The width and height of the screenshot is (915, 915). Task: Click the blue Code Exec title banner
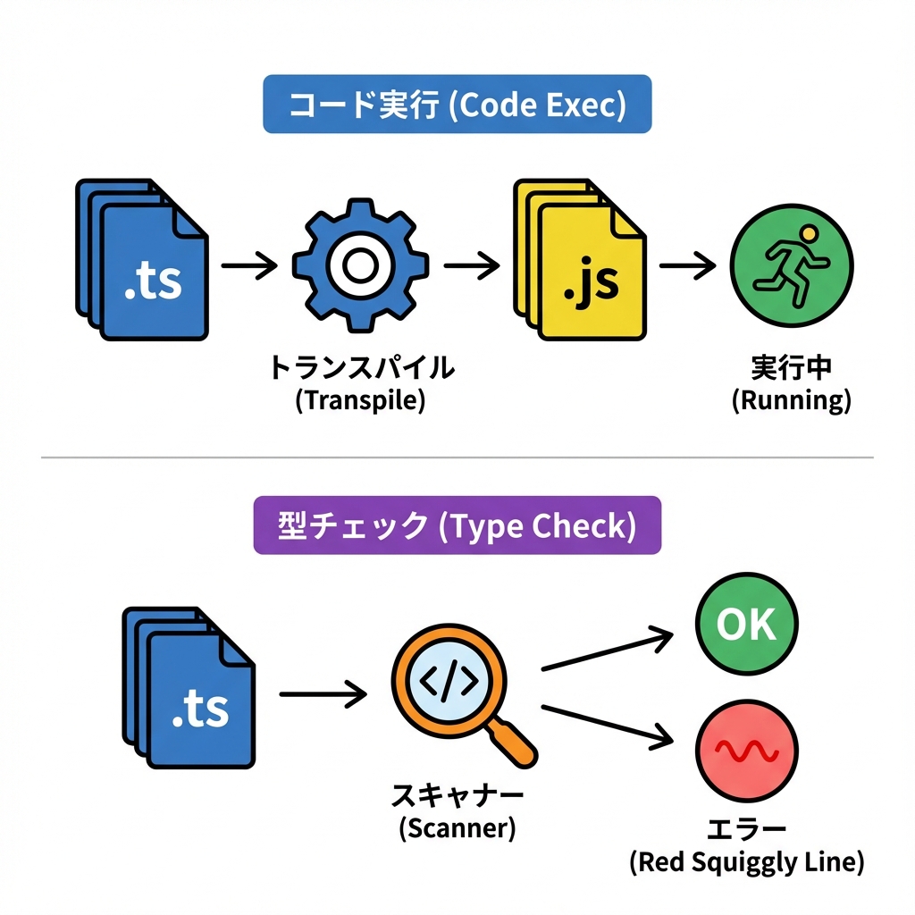tap(457, 105)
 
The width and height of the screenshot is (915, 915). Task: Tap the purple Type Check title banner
tap(457, 525)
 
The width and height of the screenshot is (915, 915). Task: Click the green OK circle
tap(746, 625)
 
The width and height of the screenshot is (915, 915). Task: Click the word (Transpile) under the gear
tap(360, 400)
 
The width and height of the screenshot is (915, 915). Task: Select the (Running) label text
tap(791, 401)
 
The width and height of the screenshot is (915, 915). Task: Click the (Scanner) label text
tap(457, 828)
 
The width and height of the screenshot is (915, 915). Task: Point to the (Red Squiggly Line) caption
tap(746, 862)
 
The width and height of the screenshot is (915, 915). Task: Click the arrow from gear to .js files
tap(470, 264)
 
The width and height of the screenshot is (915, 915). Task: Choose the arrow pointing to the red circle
tap(608, 724)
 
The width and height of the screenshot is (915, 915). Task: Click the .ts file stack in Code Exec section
tap(143, 261)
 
